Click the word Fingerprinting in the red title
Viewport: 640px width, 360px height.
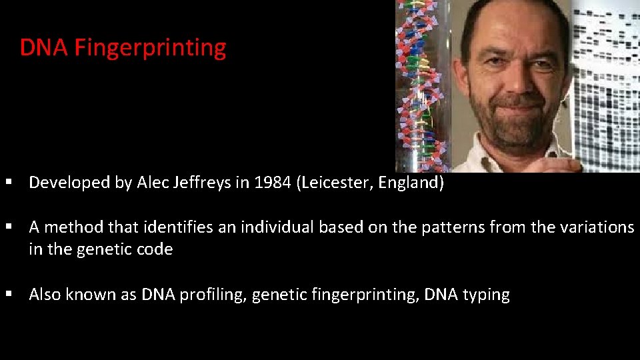(x=150, y=48)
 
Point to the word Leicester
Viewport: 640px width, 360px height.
(x=337, y=183)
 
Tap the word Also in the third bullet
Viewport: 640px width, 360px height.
(x=45, y=295)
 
